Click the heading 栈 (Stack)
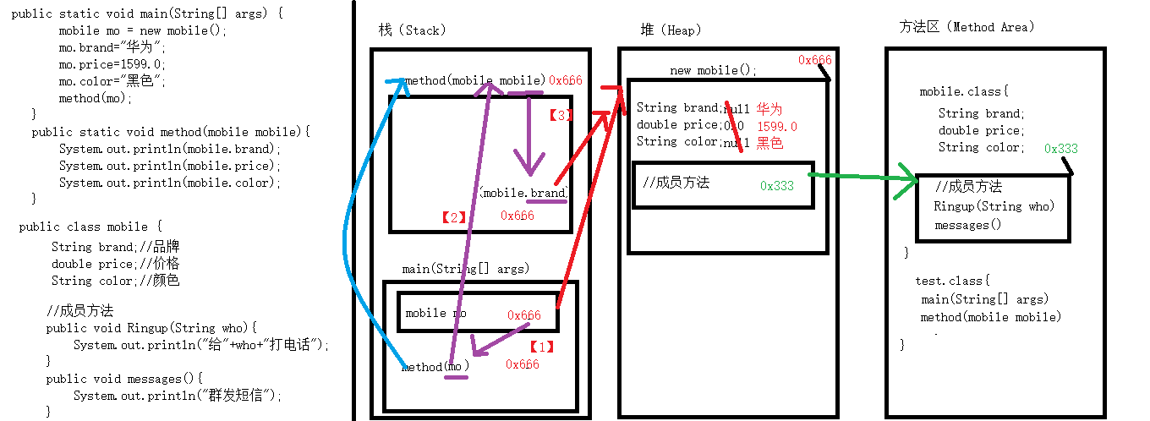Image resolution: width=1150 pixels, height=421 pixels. [x=412, y=30]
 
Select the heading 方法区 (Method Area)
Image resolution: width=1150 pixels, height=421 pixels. [x=967, y=27]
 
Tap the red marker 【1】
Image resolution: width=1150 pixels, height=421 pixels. [x=541, y=347]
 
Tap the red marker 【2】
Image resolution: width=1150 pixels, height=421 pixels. [x=454, y=217]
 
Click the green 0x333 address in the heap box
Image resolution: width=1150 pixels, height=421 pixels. [x=776, y=186]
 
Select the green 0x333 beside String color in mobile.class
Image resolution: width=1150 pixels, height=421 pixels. [x=1061, y=149]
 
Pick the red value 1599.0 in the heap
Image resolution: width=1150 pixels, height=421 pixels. [x=777, y=127]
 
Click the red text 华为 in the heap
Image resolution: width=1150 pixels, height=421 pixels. [x=769, y=109]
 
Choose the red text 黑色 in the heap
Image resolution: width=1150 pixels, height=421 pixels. [x=769, y=144]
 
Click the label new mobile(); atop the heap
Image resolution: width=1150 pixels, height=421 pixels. [x=713, y=71]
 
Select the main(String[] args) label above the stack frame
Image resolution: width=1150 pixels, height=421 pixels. [x=465, y=269]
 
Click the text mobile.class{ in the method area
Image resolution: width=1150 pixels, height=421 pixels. [x=964, y=91]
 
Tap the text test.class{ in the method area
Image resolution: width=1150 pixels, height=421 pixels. [x=952, y=281]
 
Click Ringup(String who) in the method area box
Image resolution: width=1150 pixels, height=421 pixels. [x=994, y=206]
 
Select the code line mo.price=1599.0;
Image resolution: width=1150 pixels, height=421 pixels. [x=112, y=64]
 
